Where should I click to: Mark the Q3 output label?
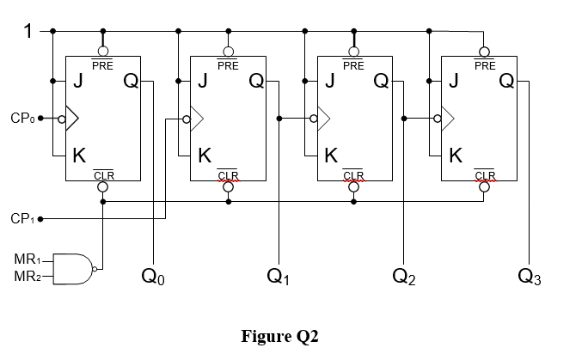pos(530,277)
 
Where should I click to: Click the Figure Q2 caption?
pos(279,336)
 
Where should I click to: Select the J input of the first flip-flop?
pos(77,82)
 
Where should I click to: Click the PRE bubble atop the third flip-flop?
pos(353,51)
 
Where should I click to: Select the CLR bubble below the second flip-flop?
pos(228,187)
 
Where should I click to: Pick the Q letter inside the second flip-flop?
pos(256,82)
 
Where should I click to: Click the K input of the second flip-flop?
pos(204,156)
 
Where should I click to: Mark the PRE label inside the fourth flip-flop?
pos(484,65)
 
